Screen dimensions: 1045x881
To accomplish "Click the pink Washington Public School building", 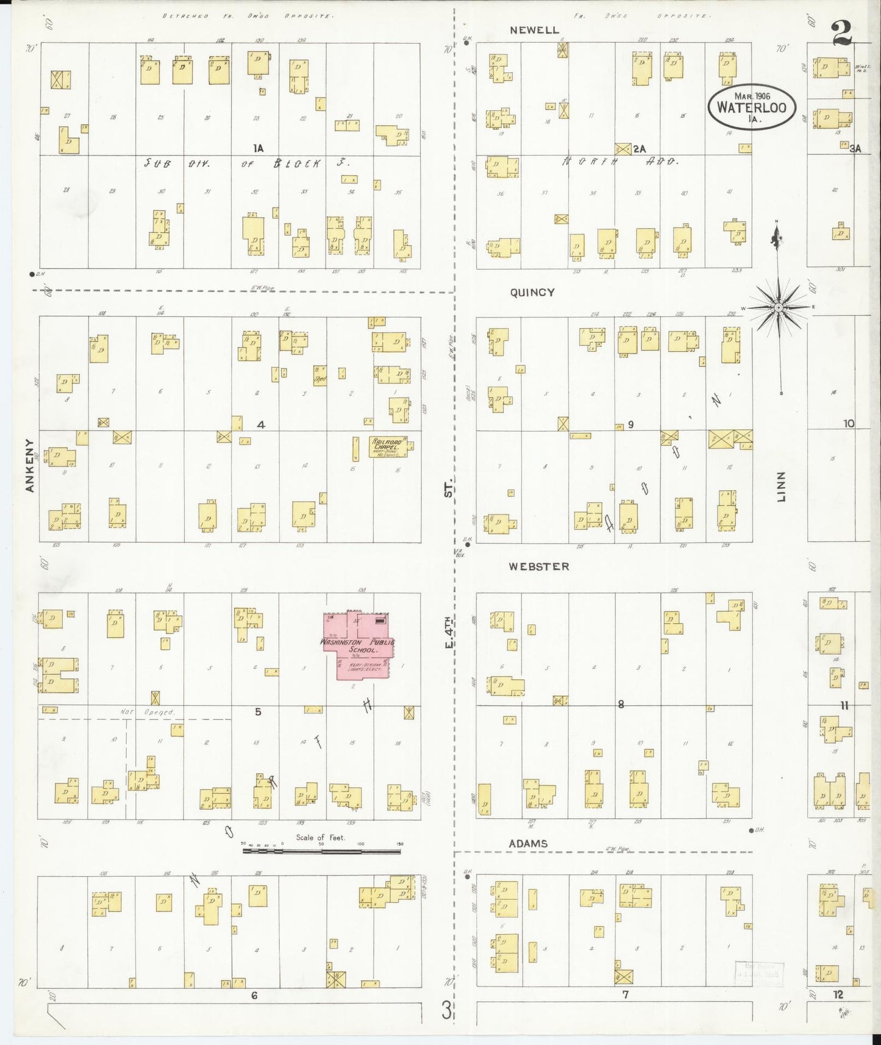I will [358, 646].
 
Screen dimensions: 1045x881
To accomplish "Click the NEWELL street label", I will [535, 30].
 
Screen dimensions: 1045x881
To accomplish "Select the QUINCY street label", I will [532, 293].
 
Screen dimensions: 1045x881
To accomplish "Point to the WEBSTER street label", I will [539, 566].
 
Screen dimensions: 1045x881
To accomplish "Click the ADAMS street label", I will [528, 844].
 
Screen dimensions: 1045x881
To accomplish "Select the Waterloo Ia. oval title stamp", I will [752, 107].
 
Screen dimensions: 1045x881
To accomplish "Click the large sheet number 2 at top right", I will [842, 33].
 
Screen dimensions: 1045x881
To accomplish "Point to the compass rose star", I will [779, 308].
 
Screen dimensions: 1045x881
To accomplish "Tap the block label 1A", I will [259, 148].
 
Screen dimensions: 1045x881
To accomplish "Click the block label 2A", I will [639, 148].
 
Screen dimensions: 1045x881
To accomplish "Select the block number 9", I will [630, 424].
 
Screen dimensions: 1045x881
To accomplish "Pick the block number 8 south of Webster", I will [621, 704].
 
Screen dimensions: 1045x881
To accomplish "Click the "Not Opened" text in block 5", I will [156, 712].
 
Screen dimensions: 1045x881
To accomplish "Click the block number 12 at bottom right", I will [838, 994].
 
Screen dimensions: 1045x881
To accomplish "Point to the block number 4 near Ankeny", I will [261, 424].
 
